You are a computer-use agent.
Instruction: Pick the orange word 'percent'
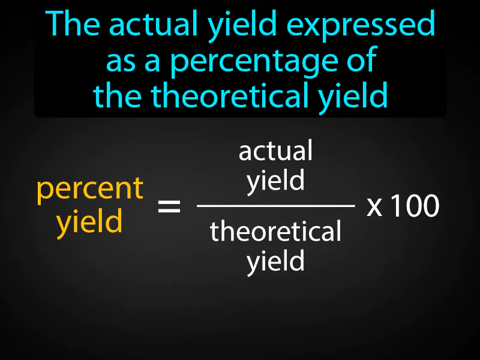coord(90,189)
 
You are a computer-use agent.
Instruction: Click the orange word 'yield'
coord(90,222)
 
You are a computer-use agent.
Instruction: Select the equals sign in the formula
coord(169,208)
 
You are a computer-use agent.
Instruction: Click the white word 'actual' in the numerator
coord(276,151)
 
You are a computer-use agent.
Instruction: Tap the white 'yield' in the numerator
coord(276,181)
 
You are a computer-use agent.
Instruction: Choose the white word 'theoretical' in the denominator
coord(276,231)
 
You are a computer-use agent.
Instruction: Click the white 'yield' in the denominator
coord(276,262)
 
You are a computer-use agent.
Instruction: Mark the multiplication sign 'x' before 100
coord(374,208)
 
